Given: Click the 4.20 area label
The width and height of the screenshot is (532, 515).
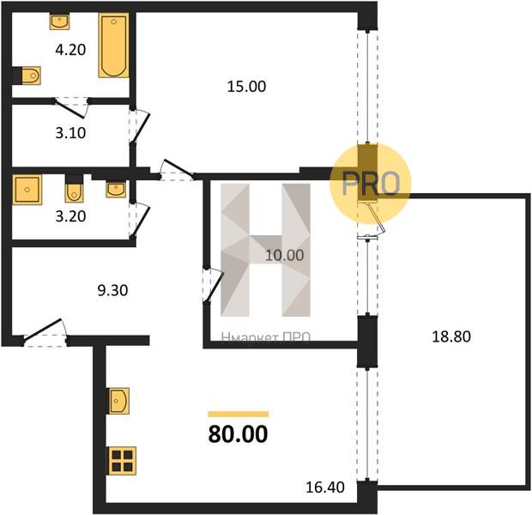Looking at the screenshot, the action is pos(70,50).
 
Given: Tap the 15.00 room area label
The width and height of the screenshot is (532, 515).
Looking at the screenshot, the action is pos(246,87).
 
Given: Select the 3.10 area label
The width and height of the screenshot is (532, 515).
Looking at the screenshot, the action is pos(70,133).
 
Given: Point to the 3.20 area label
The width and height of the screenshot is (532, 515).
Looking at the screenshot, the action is pos(70,216).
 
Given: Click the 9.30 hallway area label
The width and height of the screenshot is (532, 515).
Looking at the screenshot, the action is pos(112,291).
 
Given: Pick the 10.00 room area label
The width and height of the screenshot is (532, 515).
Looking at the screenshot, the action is pos(284,255).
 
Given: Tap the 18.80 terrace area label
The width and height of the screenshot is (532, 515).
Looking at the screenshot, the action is pos(451,336).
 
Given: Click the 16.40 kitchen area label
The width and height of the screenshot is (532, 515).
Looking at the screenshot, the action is pos(325,488).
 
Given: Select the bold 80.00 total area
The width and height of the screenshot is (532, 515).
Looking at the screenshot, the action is pos(239,434).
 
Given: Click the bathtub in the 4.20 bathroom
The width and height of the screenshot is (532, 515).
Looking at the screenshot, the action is pos(113,45).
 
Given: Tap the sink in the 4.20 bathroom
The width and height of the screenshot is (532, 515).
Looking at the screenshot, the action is pos(60,21).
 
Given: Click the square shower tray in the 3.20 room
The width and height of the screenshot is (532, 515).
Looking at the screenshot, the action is pos(27,190).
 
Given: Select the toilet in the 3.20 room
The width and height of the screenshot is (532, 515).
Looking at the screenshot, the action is pos(74,189).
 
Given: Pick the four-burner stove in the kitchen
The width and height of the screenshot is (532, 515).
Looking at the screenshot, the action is pos(122,461).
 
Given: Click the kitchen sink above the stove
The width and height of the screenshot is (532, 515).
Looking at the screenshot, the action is pos(118,401).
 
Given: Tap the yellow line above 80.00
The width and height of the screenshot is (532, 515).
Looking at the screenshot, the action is pos(239,414).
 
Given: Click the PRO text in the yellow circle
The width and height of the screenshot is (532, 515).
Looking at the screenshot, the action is pos(371,184).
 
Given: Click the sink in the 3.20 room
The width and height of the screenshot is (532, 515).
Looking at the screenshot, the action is pos(116,190).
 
